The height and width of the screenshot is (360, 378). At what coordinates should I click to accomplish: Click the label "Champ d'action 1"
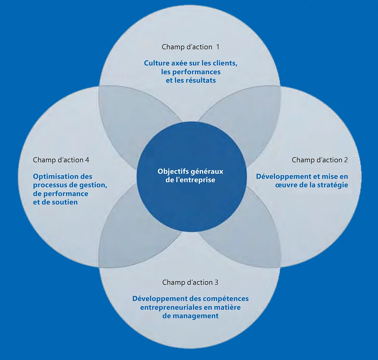pyautogui.click(x=190, y=47)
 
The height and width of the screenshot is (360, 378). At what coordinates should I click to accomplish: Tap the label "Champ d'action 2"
pyautogui.click(x=320, y=160)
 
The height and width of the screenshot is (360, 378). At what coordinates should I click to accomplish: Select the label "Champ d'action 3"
pyautogui.click(x=190, y=282)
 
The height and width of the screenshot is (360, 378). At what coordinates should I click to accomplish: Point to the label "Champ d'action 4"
pyautogui.click(x=61, y=160)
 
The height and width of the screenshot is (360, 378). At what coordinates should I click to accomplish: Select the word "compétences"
pyautogui.click(x=226, y=299)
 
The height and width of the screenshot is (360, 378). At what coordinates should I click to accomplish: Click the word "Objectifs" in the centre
pyautogui.click(x=173, y=171)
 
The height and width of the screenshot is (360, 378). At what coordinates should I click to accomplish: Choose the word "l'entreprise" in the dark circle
pyautogui.click(x=197, y=180)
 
